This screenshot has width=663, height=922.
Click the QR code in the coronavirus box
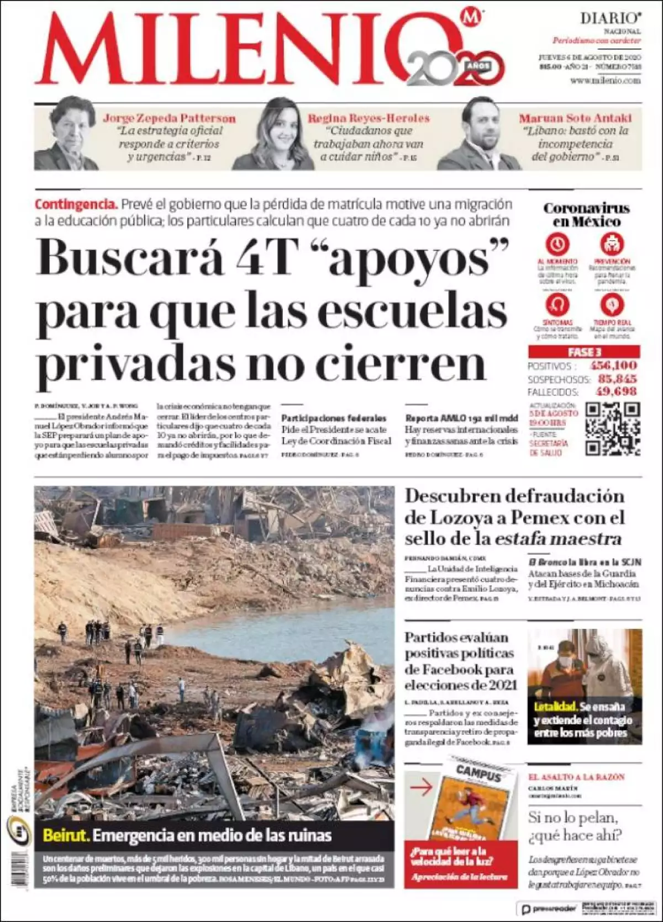click(612, 429)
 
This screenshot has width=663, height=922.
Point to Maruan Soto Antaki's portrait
click(480, 134)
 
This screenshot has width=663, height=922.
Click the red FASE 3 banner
click(584, 352)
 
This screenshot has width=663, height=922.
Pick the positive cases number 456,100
click(613, 365)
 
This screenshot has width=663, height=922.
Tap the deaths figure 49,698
click(616, 391)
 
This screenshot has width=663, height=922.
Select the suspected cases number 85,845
click(617, 379)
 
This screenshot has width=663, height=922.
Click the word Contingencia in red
click(76, 204)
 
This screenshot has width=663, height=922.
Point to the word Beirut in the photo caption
click(66, 835)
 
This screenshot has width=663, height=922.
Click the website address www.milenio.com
click(605, 81)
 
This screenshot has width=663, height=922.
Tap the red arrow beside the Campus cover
click(421, 787)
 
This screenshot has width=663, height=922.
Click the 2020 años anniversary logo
click(456, 69)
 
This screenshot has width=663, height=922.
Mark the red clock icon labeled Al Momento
click(557, 243)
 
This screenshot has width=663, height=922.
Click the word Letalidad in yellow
click(555, 707)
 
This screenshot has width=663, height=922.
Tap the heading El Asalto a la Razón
click(576, 777)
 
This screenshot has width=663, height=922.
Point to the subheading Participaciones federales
click(334, 418)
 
